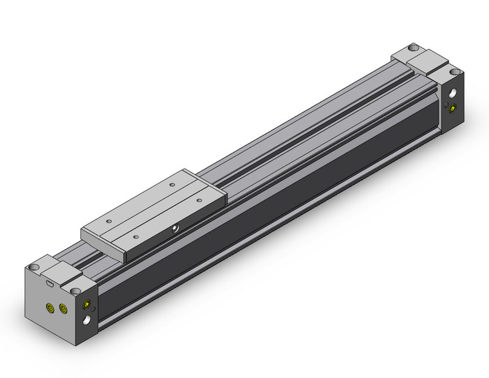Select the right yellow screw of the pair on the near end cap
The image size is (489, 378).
coord(62,309)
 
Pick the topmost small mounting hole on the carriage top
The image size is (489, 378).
coord(171,184)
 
